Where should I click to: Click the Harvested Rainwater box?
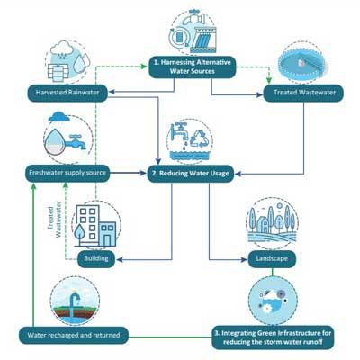[67, 93]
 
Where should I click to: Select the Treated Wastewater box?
[303, 93]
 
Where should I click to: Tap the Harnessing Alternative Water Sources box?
[193, 67]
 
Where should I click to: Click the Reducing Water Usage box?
[191, 174]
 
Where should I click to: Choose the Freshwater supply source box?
[67, 173]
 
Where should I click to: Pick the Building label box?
[96, 258]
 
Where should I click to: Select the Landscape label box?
[272, 258]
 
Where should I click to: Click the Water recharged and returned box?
[74, 335]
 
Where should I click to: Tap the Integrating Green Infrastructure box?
[273, 337]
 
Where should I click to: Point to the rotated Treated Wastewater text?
[55, 219]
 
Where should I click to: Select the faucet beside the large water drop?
[75, 142]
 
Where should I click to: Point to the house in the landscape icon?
[263, 224]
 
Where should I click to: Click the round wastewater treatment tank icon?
[301, 64]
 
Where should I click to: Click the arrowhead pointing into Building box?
[119, 259]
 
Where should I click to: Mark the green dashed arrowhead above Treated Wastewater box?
[269, 81]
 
